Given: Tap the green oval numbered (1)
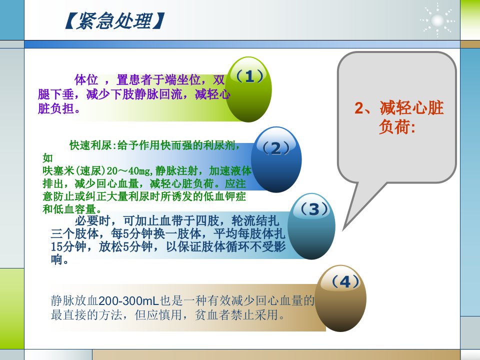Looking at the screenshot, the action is pos(248,89).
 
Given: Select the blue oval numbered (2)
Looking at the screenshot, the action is pos(276,159).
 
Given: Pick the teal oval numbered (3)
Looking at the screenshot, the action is pos(311,226).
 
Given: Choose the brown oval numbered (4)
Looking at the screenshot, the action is pos(340,298).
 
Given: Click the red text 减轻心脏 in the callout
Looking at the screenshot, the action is pos(411,108).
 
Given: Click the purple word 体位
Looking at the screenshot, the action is pos(86,80).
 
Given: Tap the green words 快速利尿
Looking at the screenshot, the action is pos(91,145).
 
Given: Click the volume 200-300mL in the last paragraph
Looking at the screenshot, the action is pos(129,300).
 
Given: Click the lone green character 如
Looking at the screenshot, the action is pos(48,158).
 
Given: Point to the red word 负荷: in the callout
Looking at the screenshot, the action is pos(397,126).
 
